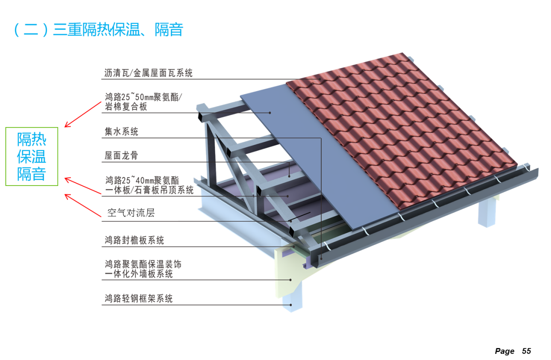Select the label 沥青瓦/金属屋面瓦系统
tap(148, 73)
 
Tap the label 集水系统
tap(121, 132)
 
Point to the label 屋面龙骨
tap(121, 155)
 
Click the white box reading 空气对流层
tap(139, 213)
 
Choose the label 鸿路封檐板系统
tap(134, 240)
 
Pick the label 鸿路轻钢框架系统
tap(138, 298)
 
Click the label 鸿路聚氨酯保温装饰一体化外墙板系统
tap(143, 269)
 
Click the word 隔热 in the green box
tap(31, 140)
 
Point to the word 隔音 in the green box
tap(31, 174)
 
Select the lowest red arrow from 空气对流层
tap(83, 205)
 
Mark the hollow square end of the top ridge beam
tap(201, 116)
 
